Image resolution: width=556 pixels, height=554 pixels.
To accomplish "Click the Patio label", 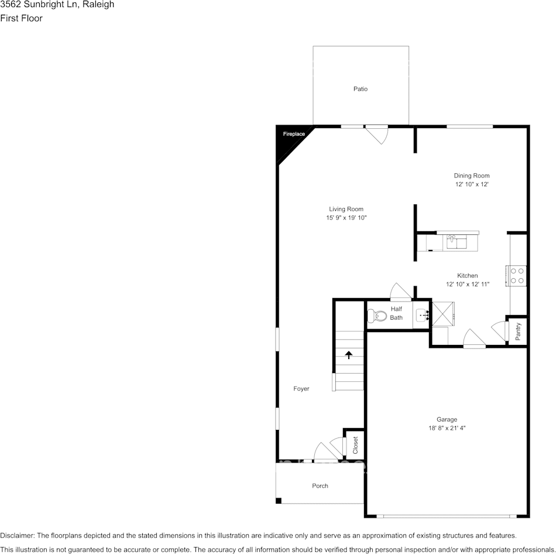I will pyautogui.click(x=361, y=89).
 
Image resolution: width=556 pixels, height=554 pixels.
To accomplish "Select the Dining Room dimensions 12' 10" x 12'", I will pyautogui.click(x=472, y=184).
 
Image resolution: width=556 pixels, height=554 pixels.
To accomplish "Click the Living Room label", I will pyautogui.click(x=346, y=209).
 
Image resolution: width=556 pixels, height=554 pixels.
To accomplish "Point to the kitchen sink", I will pyautogui.click(x=457, y=241).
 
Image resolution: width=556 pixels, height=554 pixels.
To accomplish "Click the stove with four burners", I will pyautogui.click(x=516, y=275).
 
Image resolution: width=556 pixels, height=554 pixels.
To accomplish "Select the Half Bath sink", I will pyautogui.click(x=422, y=316).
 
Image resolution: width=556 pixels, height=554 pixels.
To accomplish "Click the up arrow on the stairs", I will pyautogui.click(x=349, y=354).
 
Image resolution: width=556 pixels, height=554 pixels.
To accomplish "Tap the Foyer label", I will pyautogui.click(x=301, y=389).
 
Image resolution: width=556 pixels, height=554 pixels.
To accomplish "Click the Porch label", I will pyautogui.click(x=320, y=486).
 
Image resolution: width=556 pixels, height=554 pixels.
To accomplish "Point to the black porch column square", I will pyautogui.click(x=279, y=501).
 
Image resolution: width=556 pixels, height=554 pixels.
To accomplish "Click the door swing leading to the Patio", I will pyautogui.click(x=377, y=135).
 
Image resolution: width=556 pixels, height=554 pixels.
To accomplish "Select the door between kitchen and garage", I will pyautogui.click(x=473, y=339).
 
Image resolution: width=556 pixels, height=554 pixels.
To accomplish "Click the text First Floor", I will pyautogui.click(x=21, y=18).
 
